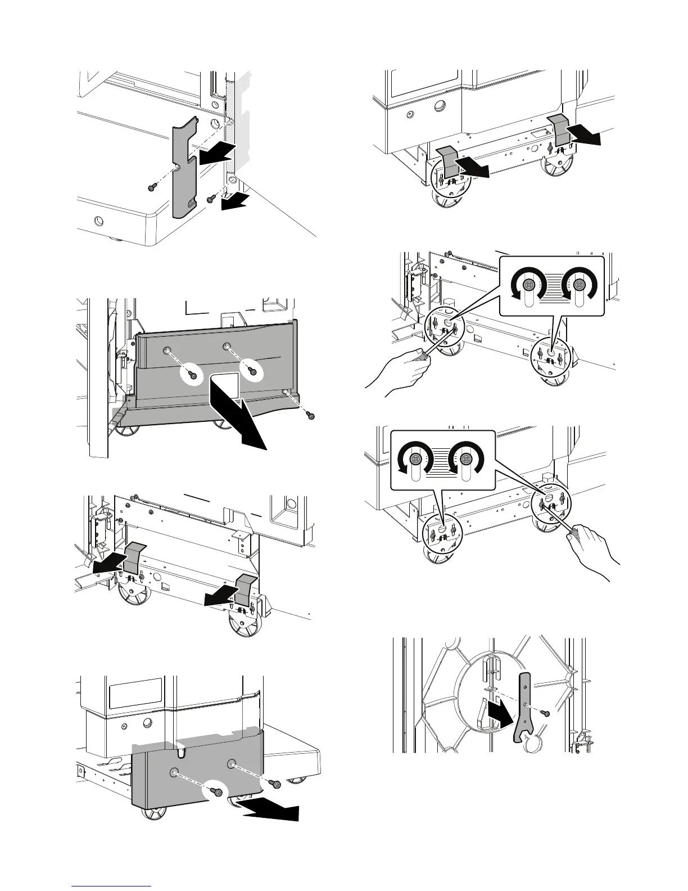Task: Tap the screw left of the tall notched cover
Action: (152, 188)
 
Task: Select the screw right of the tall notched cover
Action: (211, 199)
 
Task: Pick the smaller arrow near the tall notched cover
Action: (233, 202)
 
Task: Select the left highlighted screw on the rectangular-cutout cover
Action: (193, 375)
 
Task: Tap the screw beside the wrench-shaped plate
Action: (544, 713)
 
